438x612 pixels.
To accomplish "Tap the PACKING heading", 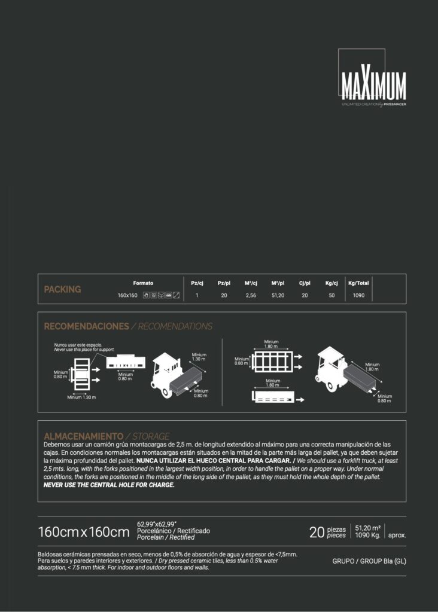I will click(62, 289).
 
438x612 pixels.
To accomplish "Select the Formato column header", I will click(143, 283).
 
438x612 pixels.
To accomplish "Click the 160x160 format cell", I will click(127, 295).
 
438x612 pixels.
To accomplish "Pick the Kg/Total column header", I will click(358, 283).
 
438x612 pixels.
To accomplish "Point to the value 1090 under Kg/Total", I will click(358, 295).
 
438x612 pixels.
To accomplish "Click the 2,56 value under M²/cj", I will click(251, 295).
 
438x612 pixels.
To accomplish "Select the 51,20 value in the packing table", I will click(278, 295).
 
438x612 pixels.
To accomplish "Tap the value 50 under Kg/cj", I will click(331, 295).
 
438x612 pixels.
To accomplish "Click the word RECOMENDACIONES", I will click(86, 326).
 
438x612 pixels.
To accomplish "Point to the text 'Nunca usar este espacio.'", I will click(78, 345).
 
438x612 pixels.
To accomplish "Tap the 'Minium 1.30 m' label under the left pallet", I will click(81, 397).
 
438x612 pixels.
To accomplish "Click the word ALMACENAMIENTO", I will click(84, 436).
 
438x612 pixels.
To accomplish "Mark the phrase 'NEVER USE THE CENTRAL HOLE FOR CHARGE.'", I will click(109, 485).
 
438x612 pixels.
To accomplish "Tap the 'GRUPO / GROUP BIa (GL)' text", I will click(369, 561).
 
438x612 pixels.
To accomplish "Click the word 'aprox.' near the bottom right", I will click(397, 535).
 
